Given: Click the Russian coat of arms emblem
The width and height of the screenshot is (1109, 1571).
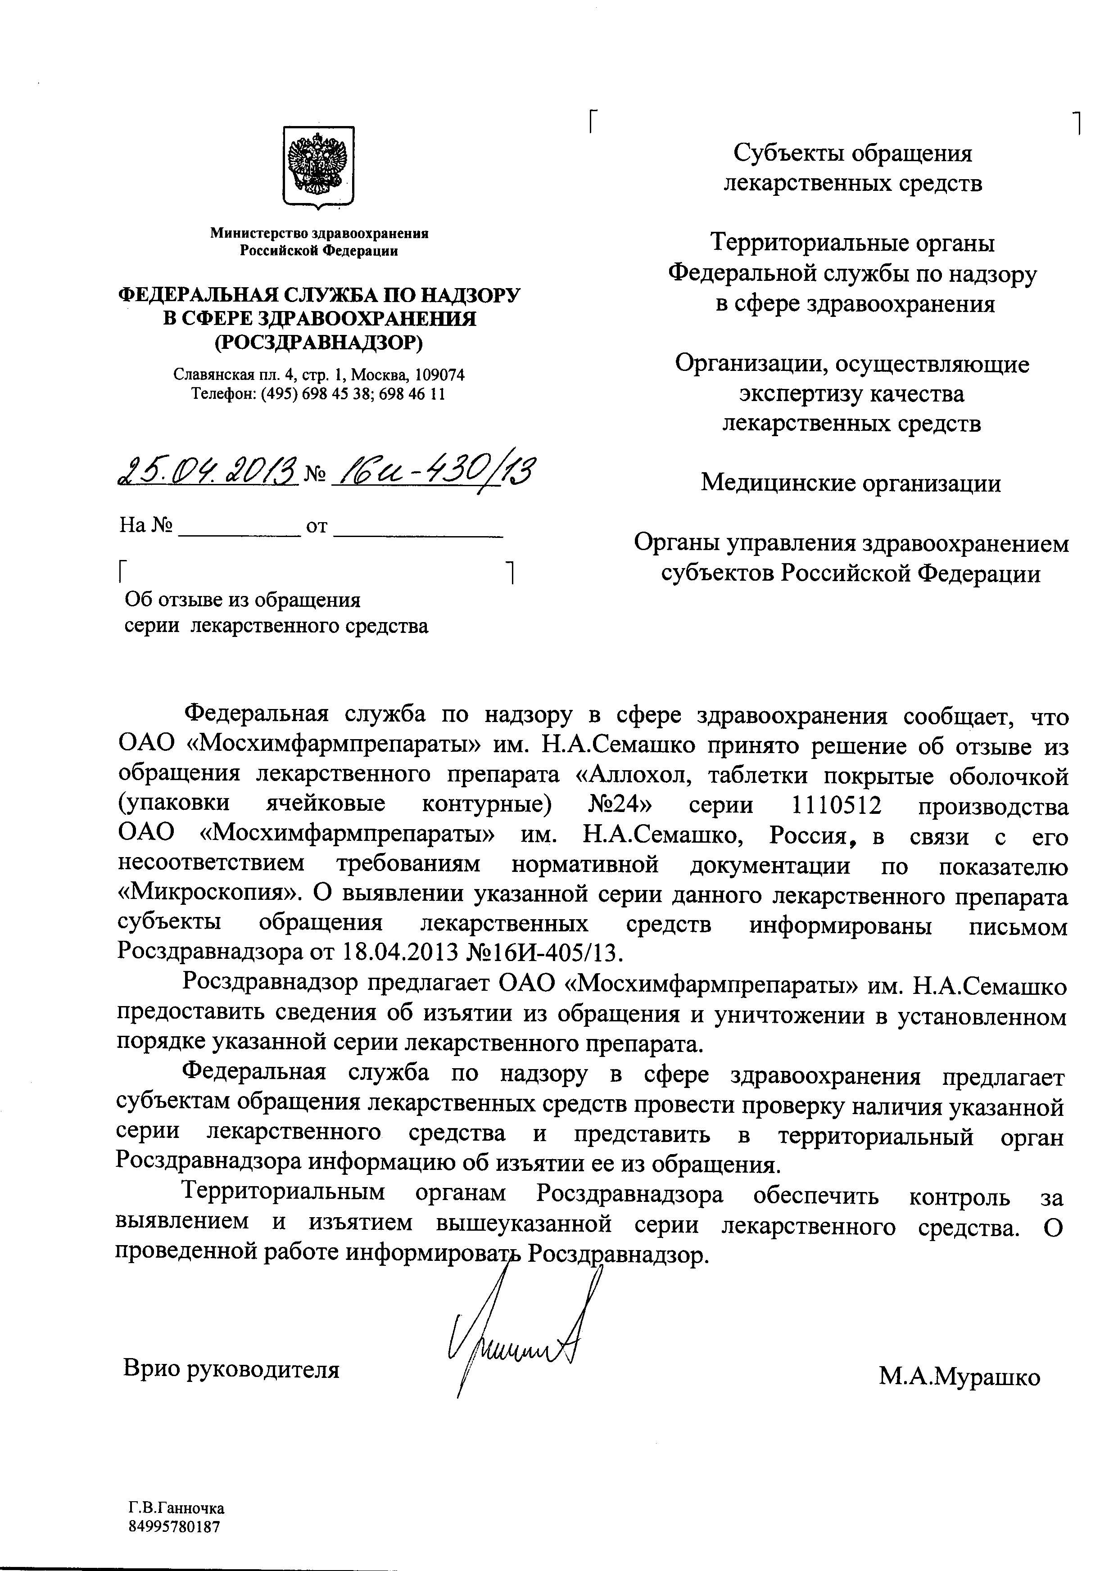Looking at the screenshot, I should tap(318, 166).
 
